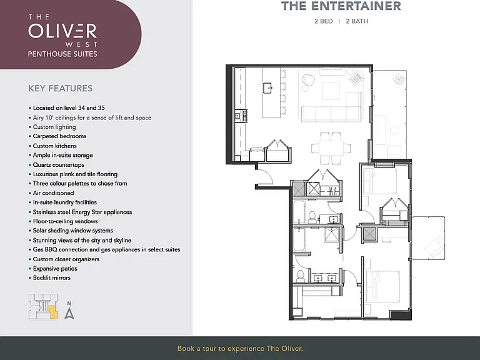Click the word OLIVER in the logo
(x=62, y=30)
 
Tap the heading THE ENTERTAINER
(x=341, y=6)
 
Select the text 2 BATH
(x=357, y=21)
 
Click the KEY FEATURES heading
(x=60, y=89)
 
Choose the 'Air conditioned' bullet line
(x=51, y=193)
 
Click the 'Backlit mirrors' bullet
(x=49, y=277)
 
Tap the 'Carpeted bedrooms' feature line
(x=57, y=136)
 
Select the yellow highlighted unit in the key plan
(x=53, y=313)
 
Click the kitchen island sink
(x=268, y=88)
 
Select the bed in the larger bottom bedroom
(x=382, y=286)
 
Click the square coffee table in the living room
(x=331, y=91)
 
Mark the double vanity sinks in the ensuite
(x=324, y=278)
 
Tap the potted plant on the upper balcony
(x=398, y=79)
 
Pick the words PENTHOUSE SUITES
(x=62, y=54)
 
